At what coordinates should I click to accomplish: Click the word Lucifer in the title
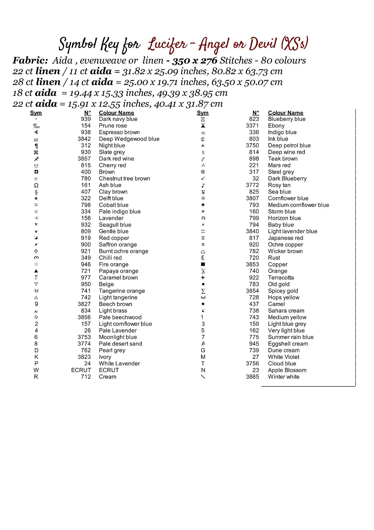point(167,45)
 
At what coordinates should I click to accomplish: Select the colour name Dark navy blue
point(118,119)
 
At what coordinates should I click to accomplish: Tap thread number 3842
point(84,139)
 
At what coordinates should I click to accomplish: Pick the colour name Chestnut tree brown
point(124,178)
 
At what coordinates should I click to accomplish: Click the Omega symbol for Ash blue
point(36,185)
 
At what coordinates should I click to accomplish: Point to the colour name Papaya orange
point(118,271)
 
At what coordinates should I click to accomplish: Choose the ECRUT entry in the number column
point(81,370)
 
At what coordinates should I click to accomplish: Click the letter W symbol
point(36,370)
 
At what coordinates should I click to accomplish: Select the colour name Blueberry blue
point(286,119)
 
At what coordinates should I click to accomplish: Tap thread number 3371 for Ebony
point(252,125)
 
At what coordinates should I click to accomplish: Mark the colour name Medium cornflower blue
point(298,205)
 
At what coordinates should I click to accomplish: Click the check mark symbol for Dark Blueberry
point(203,178)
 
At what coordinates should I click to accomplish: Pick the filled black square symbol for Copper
point(203,264)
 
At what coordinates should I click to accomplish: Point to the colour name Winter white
point(283,377)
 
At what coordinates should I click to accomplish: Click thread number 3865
point(252,377)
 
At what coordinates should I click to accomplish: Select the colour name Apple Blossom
point(287,370)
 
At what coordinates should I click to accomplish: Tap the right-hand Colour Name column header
point(285,113)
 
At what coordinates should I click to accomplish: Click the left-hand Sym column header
point(36,113)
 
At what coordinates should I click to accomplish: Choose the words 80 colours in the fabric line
point(283,60)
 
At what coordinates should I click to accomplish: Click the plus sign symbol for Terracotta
point(203,278)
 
